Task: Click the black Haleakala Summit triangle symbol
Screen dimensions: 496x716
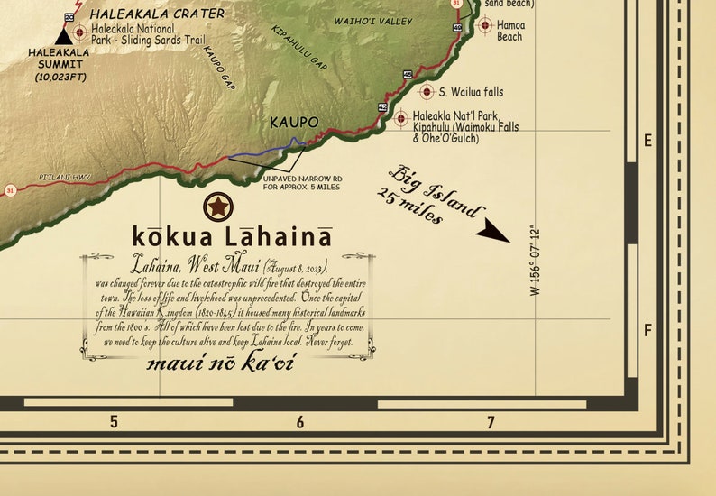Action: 63,36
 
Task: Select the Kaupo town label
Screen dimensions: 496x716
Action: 294,122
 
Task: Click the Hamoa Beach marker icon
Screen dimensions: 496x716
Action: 484,25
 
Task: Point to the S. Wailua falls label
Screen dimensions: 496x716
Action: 471,92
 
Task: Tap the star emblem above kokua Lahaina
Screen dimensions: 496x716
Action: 217,207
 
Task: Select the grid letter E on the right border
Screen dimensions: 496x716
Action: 647,141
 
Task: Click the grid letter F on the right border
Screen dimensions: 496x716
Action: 647,331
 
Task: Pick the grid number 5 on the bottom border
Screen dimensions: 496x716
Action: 114,422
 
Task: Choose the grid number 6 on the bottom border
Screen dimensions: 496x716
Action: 300,422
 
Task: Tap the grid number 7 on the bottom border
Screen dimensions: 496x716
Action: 491,422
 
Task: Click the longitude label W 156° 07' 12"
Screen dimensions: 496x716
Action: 535,261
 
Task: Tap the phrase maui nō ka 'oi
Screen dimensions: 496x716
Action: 220,363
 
